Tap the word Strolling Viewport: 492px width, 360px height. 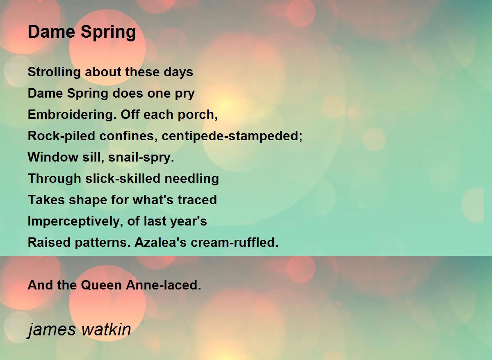pyautogui.click(x=54, y=73)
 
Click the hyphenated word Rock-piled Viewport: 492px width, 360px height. pyautogui.click(x=61, y=136)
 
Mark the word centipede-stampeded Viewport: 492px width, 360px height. pyautogui.click(x=232, y=136)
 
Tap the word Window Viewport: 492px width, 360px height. pyautogui.click(x=53, y=157)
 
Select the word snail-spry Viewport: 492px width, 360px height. pyautogui.click(x=141, y=158)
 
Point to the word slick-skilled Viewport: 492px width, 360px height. pyautogui.click(x=123, y=179)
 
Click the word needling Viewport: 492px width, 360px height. pyautogui.click(x=192, y=179)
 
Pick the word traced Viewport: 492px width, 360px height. pyautogui.click(x=197, y=200)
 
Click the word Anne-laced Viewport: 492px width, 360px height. pyautogui.click(x=164, y=285)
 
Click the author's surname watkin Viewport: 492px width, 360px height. pyautogui.click(x=106, y=329)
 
